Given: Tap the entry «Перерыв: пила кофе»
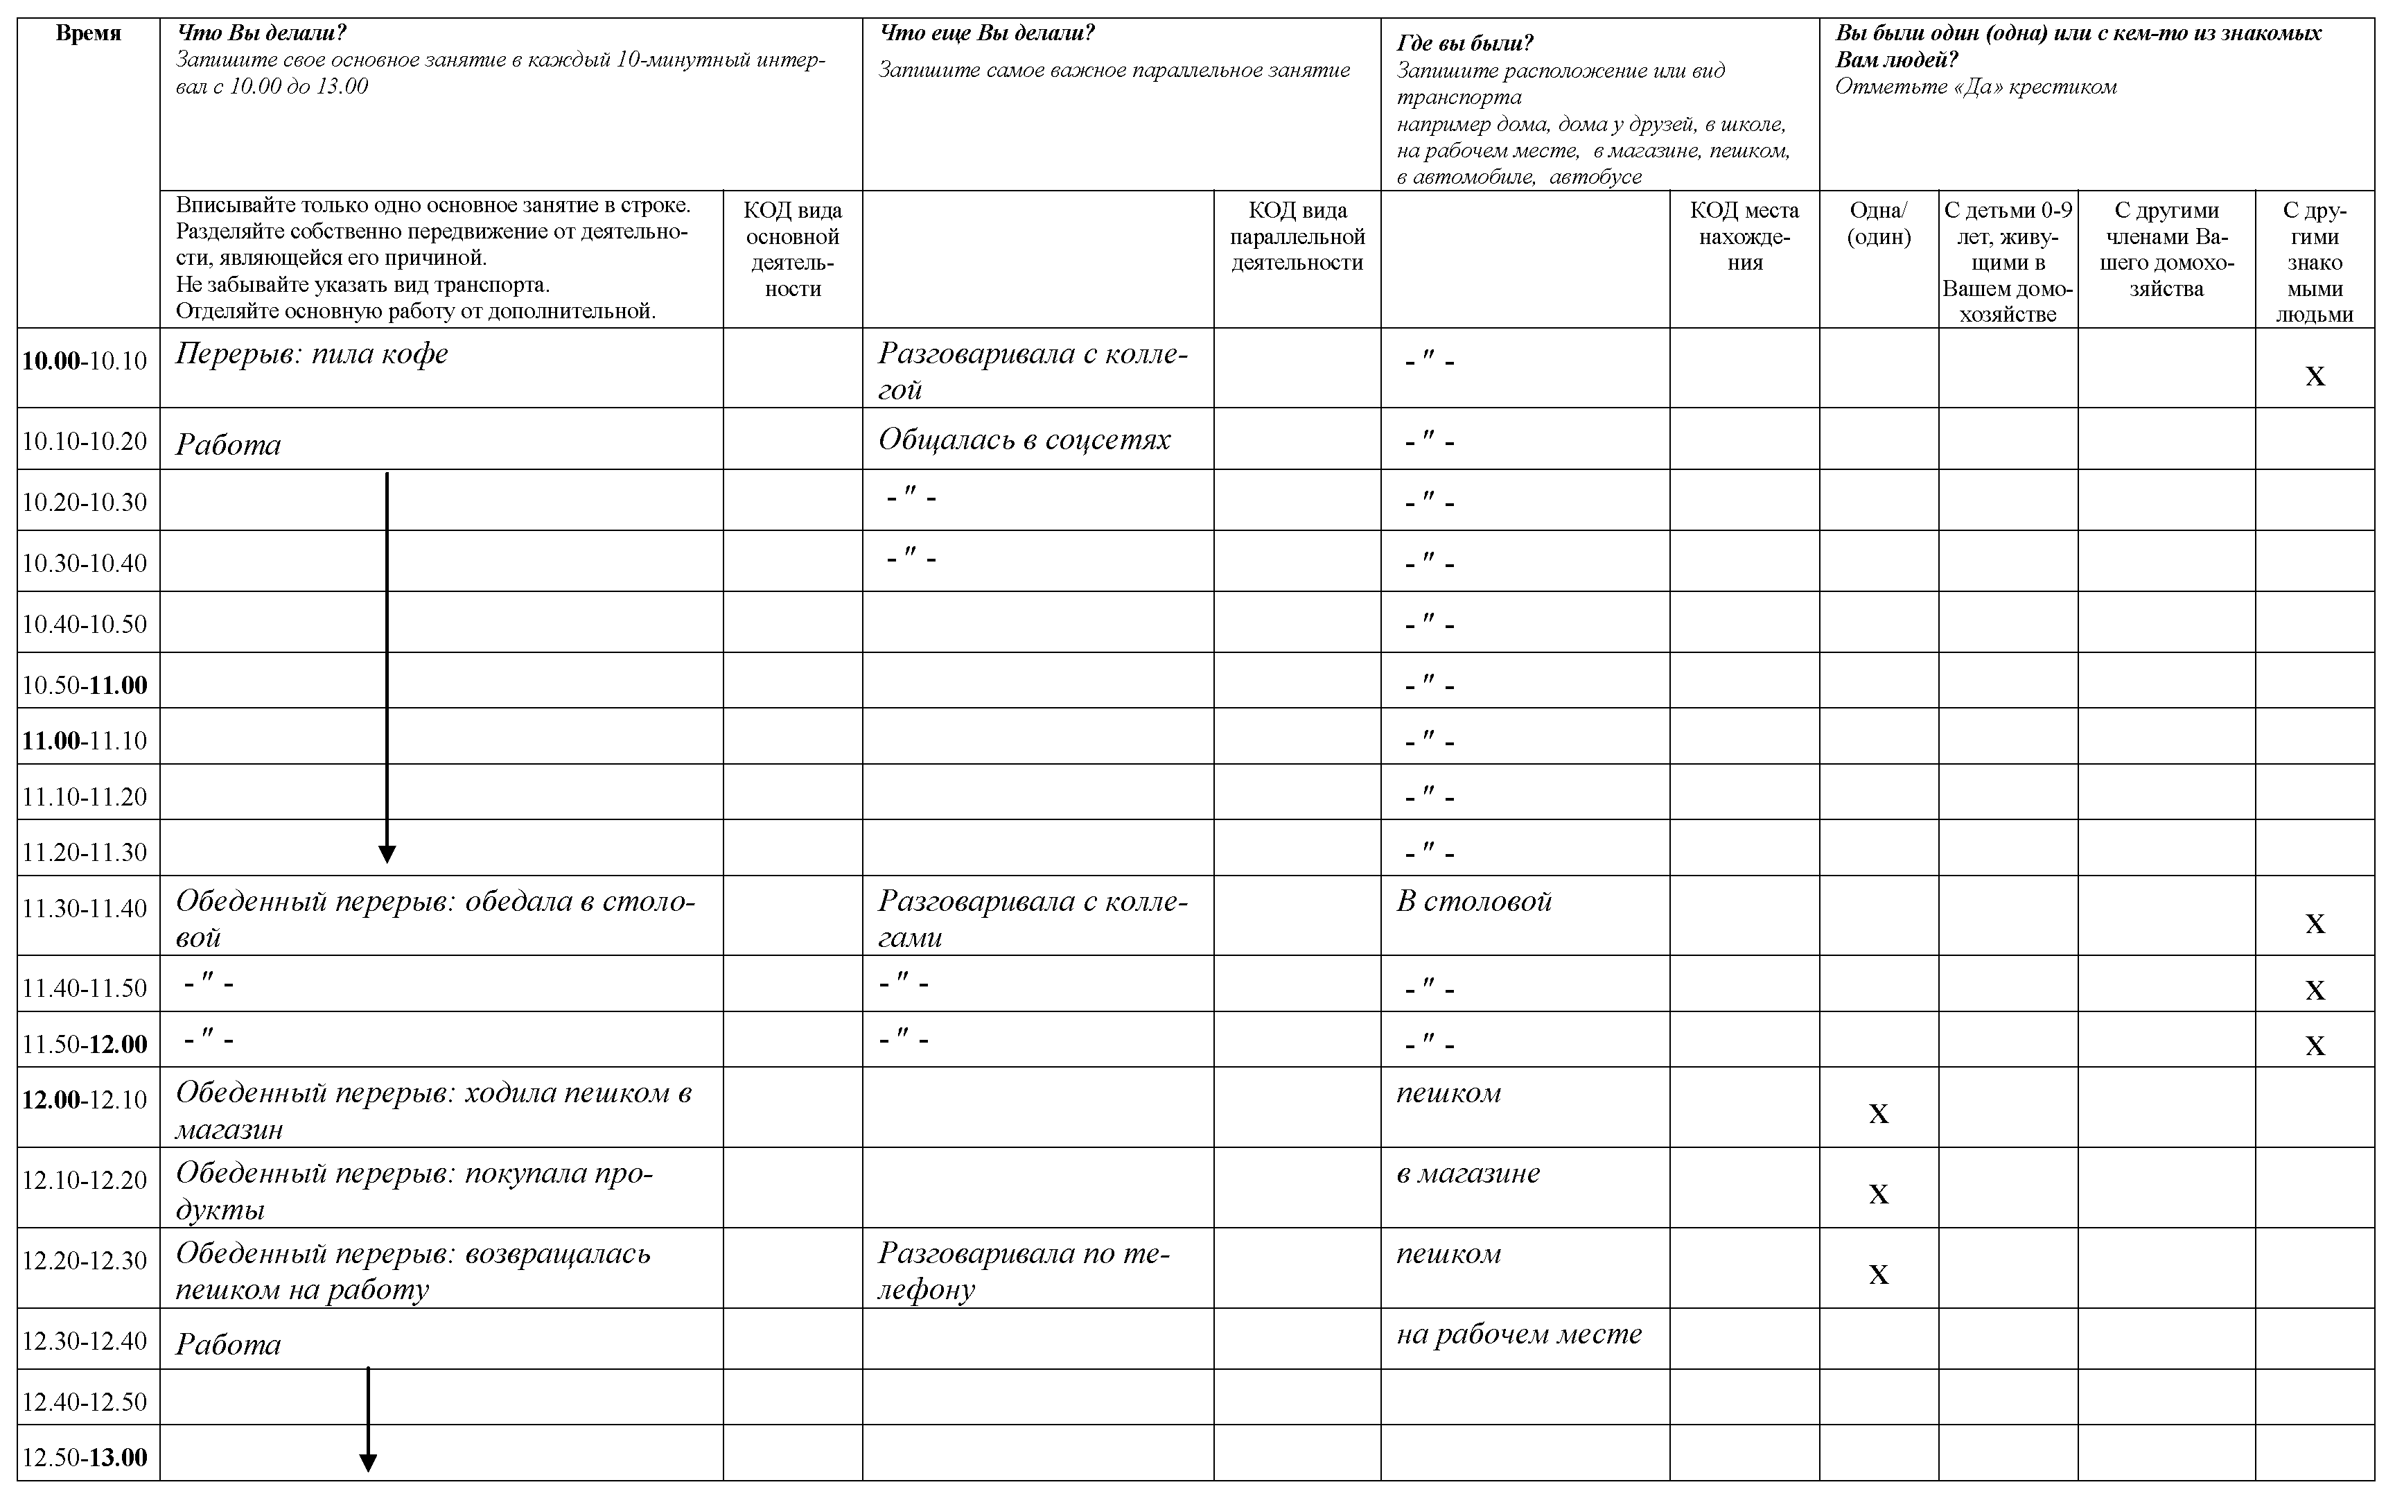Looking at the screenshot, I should tap(311, 354).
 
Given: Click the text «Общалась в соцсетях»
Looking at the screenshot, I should tap(1024, 440).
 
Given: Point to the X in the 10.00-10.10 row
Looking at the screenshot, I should tap(2315, 376).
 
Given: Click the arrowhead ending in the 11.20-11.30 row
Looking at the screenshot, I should tap(387, 853).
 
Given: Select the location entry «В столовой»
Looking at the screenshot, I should tap(1473, 901).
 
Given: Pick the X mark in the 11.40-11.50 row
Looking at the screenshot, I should tap(2315, 990).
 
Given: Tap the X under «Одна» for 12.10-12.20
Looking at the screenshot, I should tap(1878, 1194).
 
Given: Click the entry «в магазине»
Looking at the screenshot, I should tap(1467, 1174).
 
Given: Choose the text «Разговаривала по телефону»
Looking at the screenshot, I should tap(1024, 1270).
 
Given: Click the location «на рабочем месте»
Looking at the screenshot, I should tap(1518, 1334).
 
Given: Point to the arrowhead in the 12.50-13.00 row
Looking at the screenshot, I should tap(368, 1462).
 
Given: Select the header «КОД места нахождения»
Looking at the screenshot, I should tap(1744, 237).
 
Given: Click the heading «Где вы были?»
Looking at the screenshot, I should tap(1464, 43).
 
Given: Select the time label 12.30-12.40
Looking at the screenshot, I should tap(85, 1341).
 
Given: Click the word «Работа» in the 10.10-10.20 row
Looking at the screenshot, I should tap(228, 444).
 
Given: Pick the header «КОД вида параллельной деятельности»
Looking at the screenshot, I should tap(1297, 237).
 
